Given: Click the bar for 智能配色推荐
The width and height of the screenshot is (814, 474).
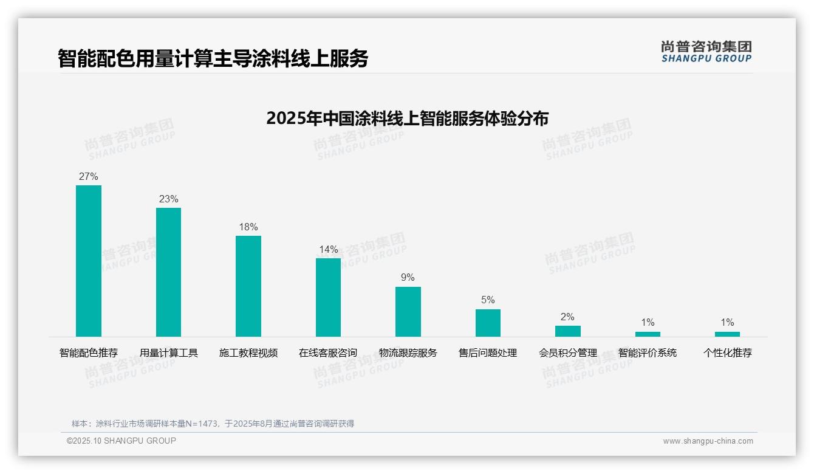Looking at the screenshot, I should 89,261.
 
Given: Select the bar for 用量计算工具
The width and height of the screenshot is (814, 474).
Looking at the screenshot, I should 168,272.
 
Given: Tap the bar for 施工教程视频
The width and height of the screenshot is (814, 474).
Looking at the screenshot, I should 248,286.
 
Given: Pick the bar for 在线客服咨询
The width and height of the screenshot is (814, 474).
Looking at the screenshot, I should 328,297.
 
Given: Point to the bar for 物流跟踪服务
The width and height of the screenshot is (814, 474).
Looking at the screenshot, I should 408,312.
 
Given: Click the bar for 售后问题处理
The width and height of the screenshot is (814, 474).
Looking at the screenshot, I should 488,323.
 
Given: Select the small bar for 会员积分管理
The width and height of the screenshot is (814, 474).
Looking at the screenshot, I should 568,331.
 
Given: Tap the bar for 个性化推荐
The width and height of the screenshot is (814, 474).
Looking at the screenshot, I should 727,334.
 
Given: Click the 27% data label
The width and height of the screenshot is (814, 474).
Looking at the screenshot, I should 89,177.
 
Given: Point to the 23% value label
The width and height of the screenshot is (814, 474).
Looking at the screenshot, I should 168,199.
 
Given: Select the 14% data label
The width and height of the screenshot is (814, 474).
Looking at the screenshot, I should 328,250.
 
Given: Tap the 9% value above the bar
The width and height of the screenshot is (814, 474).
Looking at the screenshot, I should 408,278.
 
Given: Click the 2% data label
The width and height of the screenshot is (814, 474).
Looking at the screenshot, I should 567,317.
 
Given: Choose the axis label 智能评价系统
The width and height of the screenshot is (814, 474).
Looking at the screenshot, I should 648,352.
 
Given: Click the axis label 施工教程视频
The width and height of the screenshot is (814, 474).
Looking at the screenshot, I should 248,352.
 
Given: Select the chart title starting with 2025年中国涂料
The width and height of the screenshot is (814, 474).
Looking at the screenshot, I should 407,118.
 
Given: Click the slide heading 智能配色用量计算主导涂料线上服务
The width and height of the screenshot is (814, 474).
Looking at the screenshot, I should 213,58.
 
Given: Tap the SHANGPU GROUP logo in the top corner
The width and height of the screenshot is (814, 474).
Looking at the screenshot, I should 706,52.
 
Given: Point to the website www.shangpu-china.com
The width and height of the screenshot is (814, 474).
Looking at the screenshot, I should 708,441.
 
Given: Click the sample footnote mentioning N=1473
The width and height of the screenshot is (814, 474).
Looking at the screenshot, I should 213,424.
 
